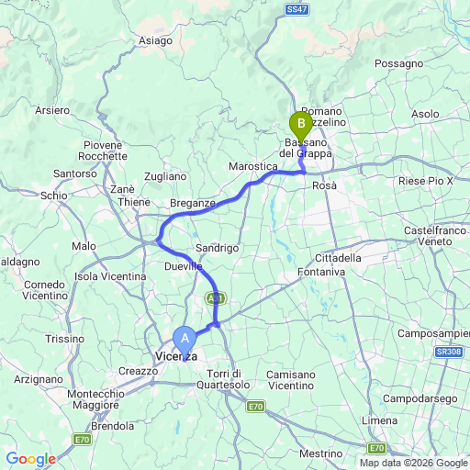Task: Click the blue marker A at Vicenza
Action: point(185,338)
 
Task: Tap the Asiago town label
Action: point(155,40)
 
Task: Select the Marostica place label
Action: point(252,166)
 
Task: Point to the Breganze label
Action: point(193,203)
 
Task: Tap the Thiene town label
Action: point(134,202)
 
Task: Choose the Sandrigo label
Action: point(218,248)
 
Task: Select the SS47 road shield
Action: point(297,8)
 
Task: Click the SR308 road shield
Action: point(446,352)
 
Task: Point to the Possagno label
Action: point(397,63)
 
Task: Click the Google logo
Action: point(31,459)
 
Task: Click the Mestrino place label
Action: point(321,453)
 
